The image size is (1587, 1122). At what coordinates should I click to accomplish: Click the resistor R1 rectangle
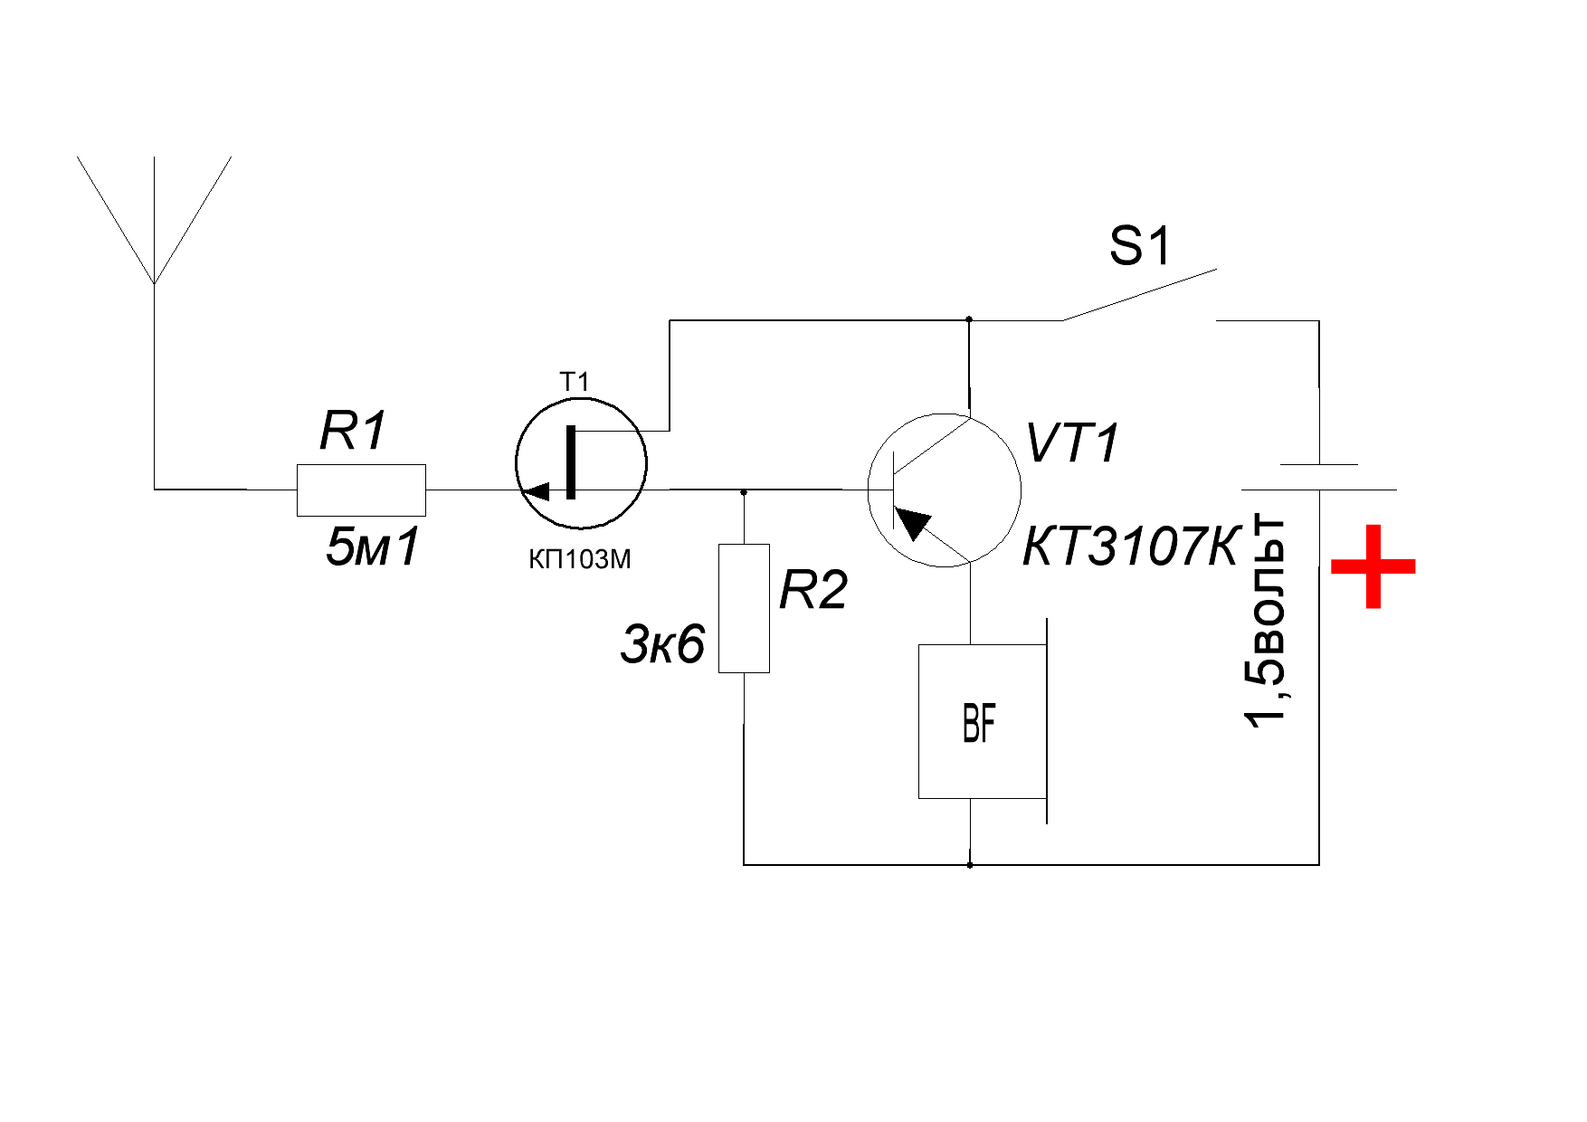[361, 490]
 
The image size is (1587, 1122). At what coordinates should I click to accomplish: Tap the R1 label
[353, 432]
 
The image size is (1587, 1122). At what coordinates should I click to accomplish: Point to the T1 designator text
[575, 383]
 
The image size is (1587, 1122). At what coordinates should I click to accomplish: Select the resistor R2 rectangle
[744, 608]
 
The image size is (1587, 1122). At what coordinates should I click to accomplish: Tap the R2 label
[813, 593]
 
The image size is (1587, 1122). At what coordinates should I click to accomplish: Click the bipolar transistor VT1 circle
[944, 490]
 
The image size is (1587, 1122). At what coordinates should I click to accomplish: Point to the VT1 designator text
[1073, 444]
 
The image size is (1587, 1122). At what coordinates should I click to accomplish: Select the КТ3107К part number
[1129, 547]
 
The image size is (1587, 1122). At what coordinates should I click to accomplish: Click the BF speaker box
[982, 721]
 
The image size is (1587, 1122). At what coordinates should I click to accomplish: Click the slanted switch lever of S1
[1140, 294]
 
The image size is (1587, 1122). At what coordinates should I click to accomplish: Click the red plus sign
[1373, 566]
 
